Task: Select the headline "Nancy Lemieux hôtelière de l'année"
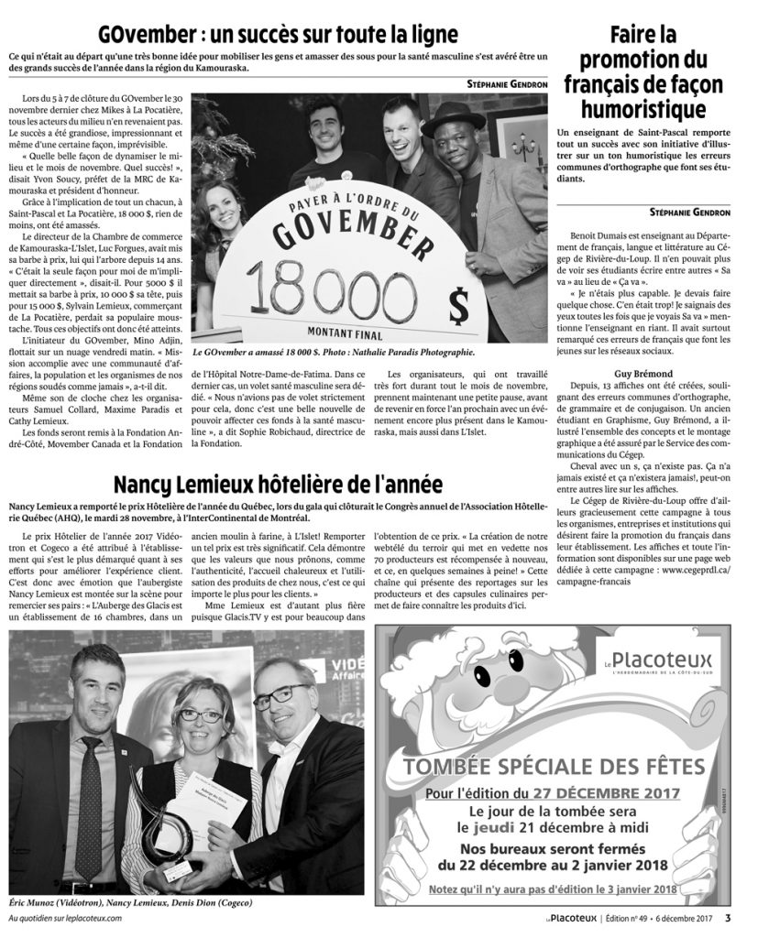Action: pos(278,484)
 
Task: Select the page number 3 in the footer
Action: pos(727,919)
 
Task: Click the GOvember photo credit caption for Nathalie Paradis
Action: pos(346,351)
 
